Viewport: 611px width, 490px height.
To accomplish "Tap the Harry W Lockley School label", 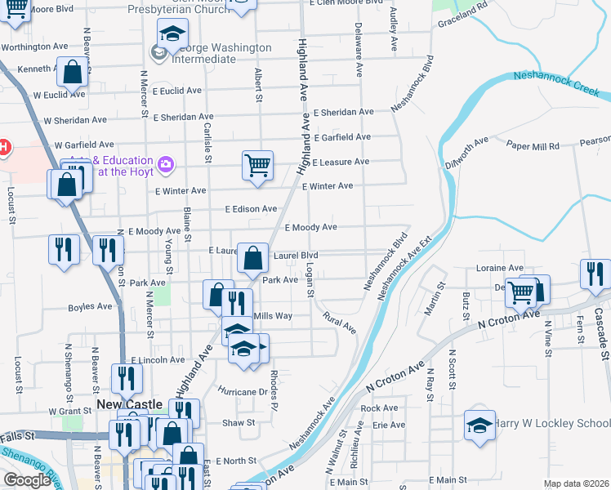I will tap(553, 423).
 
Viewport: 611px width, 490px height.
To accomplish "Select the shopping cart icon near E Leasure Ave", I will tap(257, 165).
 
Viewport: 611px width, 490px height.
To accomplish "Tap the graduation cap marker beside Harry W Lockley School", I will tap(479, 425).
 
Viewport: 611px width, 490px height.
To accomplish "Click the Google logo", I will tap(27, 480).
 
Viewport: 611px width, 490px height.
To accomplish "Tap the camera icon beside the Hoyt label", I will tap(167, 166).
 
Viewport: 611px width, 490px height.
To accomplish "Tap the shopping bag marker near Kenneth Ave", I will tap(73, 72).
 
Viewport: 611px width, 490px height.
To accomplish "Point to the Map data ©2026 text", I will tap(576, 483).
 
